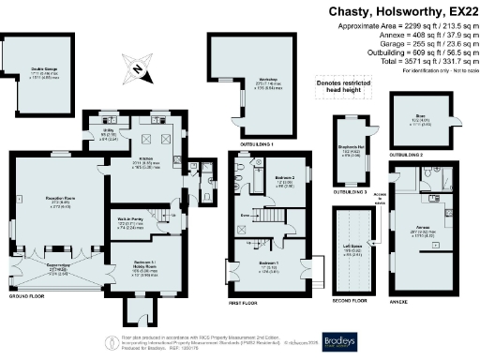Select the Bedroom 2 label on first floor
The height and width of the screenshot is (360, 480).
pyautogui.click(x=284, y=179)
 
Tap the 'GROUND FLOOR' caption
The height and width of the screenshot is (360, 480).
pyautogui.click(x=27, y=294)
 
